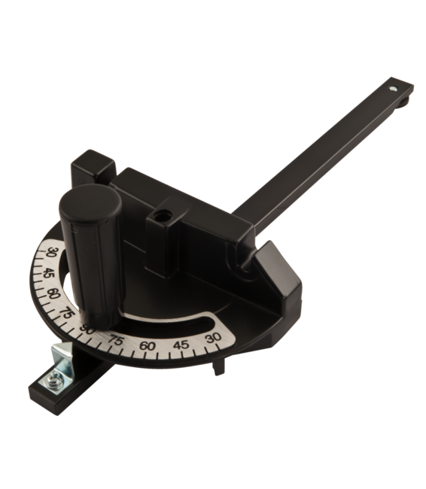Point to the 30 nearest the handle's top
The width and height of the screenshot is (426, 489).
coord(51,253)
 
